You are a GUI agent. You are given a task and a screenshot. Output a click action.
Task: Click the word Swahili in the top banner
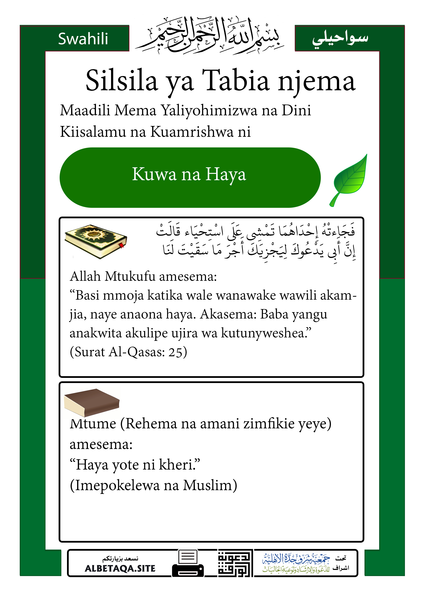tap(83, 39)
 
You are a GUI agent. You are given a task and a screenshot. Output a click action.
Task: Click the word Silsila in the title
tap(122, 81)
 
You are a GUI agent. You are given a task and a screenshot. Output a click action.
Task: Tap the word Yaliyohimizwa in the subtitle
tap(209, 110)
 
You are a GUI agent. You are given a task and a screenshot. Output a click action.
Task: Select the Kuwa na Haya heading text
tap(189, 174)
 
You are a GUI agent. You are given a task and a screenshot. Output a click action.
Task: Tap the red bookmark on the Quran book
tap(122, 246)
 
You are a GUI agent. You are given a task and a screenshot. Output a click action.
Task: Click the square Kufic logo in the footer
tap(235, 563)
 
